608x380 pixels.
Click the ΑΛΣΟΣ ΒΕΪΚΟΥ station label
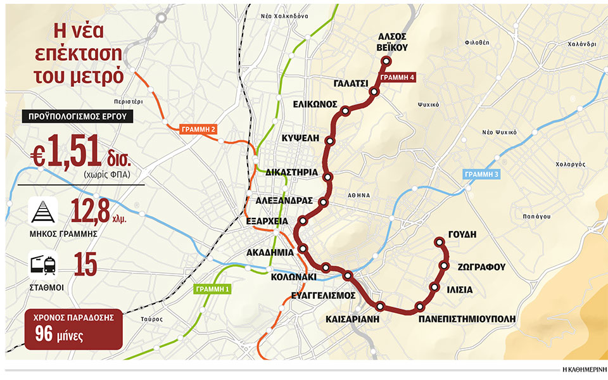[391, 41]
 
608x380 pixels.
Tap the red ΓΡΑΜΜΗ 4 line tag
[397, 77]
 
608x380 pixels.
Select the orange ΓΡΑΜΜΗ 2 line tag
[199, 129]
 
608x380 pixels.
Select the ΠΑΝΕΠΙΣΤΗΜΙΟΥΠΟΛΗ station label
[463, 319]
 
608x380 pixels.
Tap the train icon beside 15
[43, 264]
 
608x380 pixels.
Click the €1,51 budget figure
[66, 153]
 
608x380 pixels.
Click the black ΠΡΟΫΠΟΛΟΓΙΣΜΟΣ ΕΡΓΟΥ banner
[78, 116]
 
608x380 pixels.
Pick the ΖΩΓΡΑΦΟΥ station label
[481, 267]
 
